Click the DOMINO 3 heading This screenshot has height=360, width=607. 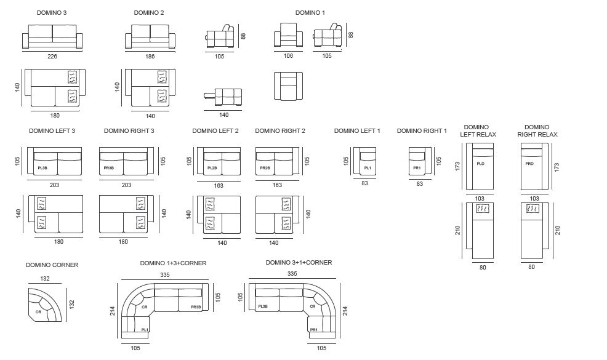tap(52, 12)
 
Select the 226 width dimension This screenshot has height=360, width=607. tap(52, 55)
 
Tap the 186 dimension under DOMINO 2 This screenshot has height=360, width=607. tap(150, 55)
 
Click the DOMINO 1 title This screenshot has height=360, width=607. tap(310, 12)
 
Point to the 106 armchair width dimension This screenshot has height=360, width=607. tap(289, 55)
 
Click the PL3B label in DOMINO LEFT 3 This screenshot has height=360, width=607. tap(42, 167)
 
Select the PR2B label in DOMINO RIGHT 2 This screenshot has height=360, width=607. tap(265, 167)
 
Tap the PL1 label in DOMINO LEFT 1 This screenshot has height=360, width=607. tap(368, 167)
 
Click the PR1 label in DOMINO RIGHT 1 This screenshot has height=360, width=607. tap(417, 167)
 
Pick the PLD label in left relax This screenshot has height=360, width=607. tap(481, 164)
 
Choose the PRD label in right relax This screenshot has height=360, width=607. tap(529, 164)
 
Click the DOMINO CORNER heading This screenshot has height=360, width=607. tap(52, 265)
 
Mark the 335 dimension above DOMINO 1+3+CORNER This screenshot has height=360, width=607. tap(165, 274)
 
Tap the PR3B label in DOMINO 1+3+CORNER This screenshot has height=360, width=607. tap(196, 306)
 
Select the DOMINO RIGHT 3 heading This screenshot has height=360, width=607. tap(129, 130)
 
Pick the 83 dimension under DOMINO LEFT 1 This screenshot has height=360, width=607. tap(365, 183)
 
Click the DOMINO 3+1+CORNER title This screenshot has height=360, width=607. tap(299, 263)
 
